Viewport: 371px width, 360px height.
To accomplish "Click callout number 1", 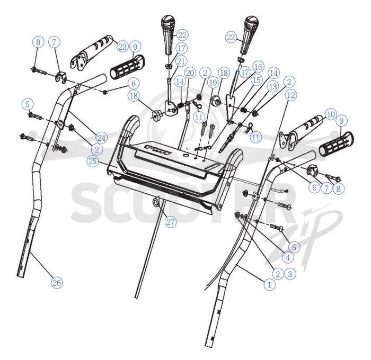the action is point(269,284).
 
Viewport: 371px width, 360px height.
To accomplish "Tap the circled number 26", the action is point(57,283).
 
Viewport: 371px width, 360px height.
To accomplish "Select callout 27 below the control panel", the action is point(171,222).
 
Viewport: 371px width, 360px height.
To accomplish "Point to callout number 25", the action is point(93,161).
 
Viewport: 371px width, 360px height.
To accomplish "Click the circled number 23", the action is point(122,47).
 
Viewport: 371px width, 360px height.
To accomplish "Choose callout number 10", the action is point(331,114).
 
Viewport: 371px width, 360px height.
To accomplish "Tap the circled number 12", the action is point(291,95).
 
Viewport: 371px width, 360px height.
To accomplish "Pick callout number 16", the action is point(258,67).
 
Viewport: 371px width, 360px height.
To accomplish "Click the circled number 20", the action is point(190,73).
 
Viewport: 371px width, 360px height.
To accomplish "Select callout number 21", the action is point(181,61).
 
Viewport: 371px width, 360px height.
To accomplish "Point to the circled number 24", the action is point(102,138).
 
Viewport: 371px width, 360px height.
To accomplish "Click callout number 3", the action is point(290,274).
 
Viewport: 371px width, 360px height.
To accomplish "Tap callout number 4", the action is point(288,258).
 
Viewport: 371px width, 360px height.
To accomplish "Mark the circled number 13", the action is point(273,86).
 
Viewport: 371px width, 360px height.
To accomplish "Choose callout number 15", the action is point(257,80).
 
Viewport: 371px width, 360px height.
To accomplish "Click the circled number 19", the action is point(213,83).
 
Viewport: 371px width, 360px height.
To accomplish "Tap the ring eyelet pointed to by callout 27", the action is point(156,202).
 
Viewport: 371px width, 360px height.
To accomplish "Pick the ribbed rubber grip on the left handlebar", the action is point(128,67).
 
